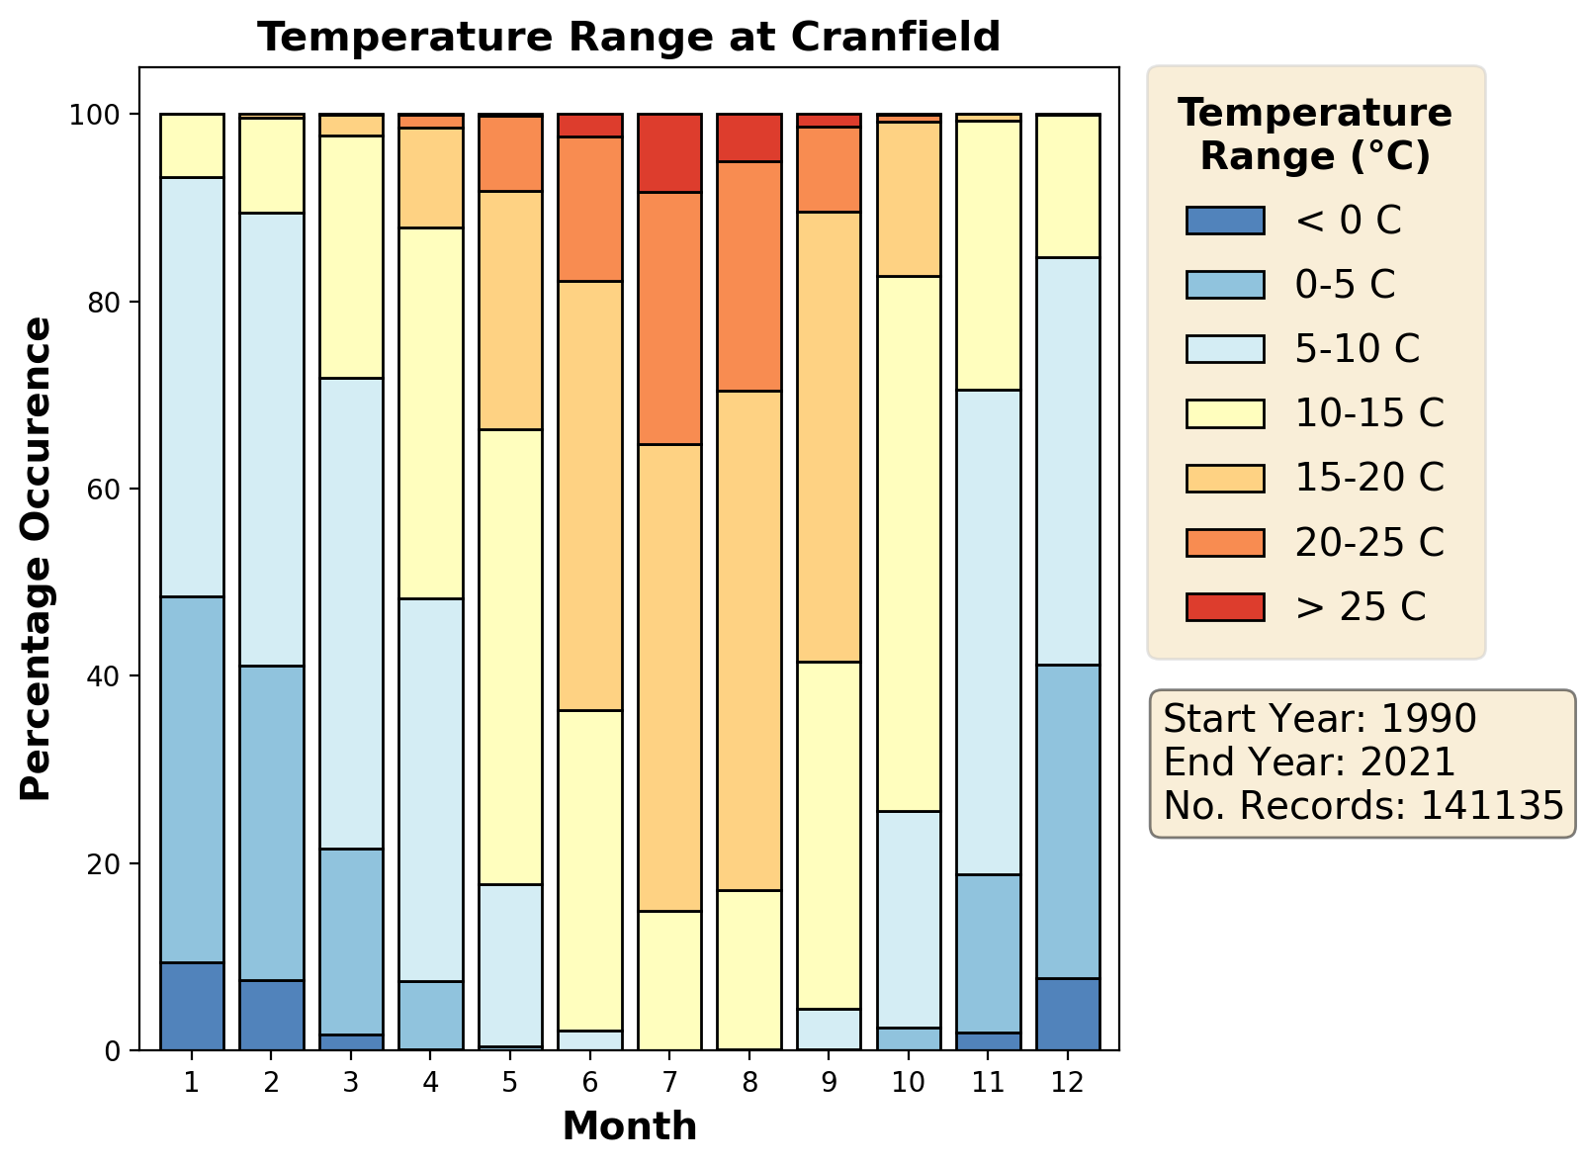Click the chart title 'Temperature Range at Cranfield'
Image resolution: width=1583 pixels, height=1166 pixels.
coord(629,38)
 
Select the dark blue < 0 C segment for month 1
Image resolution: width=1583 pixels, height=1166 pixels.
coord(192,1006)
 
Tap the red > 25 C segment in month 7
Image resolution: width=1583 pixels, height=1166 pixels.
coord(669,153)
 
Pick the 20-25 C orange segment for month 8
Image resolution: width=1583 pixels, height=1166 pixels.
coord(749,276)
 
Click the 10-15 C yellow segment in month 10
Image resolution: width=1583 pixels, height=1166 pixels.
coord(909,544)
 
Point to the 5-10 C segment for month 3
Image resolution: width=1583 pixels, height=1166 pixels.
coord(351,613)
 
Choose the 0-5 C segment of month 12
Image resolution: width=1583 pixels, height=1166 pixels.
coord(1068,821)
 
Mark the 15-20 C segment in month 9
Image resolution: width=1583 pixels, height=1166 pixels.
coord(829,436)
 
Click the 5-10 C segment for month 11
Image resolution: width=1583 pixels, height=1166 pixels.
coord(988,632)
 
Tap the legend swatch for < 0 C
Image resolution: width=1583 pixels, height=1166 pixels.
coord(1225,221)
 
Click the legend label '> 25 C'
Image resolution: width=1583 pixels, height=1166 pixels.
coord(1361,607)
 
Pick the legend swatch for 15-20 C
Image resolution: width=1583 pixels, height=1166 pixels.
coord(1225,478)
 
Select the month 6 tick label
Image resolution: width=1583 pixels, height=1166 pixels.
coord(590,1082)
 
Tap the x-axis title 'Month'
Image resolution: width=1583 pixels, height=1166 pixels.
coord(629,1126)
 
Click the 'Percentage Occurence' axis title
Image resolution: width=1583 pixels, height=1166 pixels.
coord(37,559)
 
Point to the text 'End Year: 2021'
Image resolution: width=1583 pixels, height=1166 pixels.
coord(1309,762)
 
